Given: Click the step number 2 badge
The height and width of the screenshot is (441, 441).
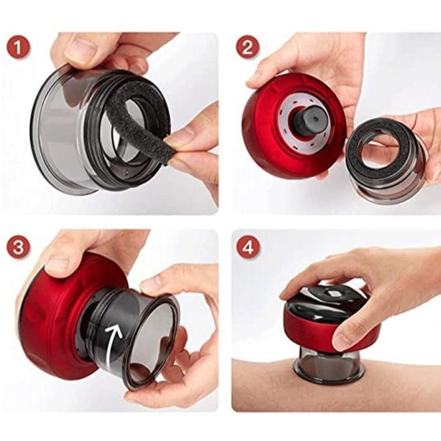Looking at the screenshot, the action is point(247,47).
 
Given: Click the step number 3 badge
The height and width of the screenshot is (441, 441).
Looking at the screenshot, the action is point(17,247).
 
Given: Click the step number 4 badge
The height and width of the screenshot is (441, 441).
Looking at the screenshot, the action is point(247,247).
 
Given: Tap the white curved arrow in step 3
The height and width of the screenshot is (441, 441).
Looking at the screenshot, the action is point(112,349).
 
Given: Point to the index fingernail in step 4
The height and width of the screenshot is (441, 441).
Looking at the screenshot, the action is point(339,341).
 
